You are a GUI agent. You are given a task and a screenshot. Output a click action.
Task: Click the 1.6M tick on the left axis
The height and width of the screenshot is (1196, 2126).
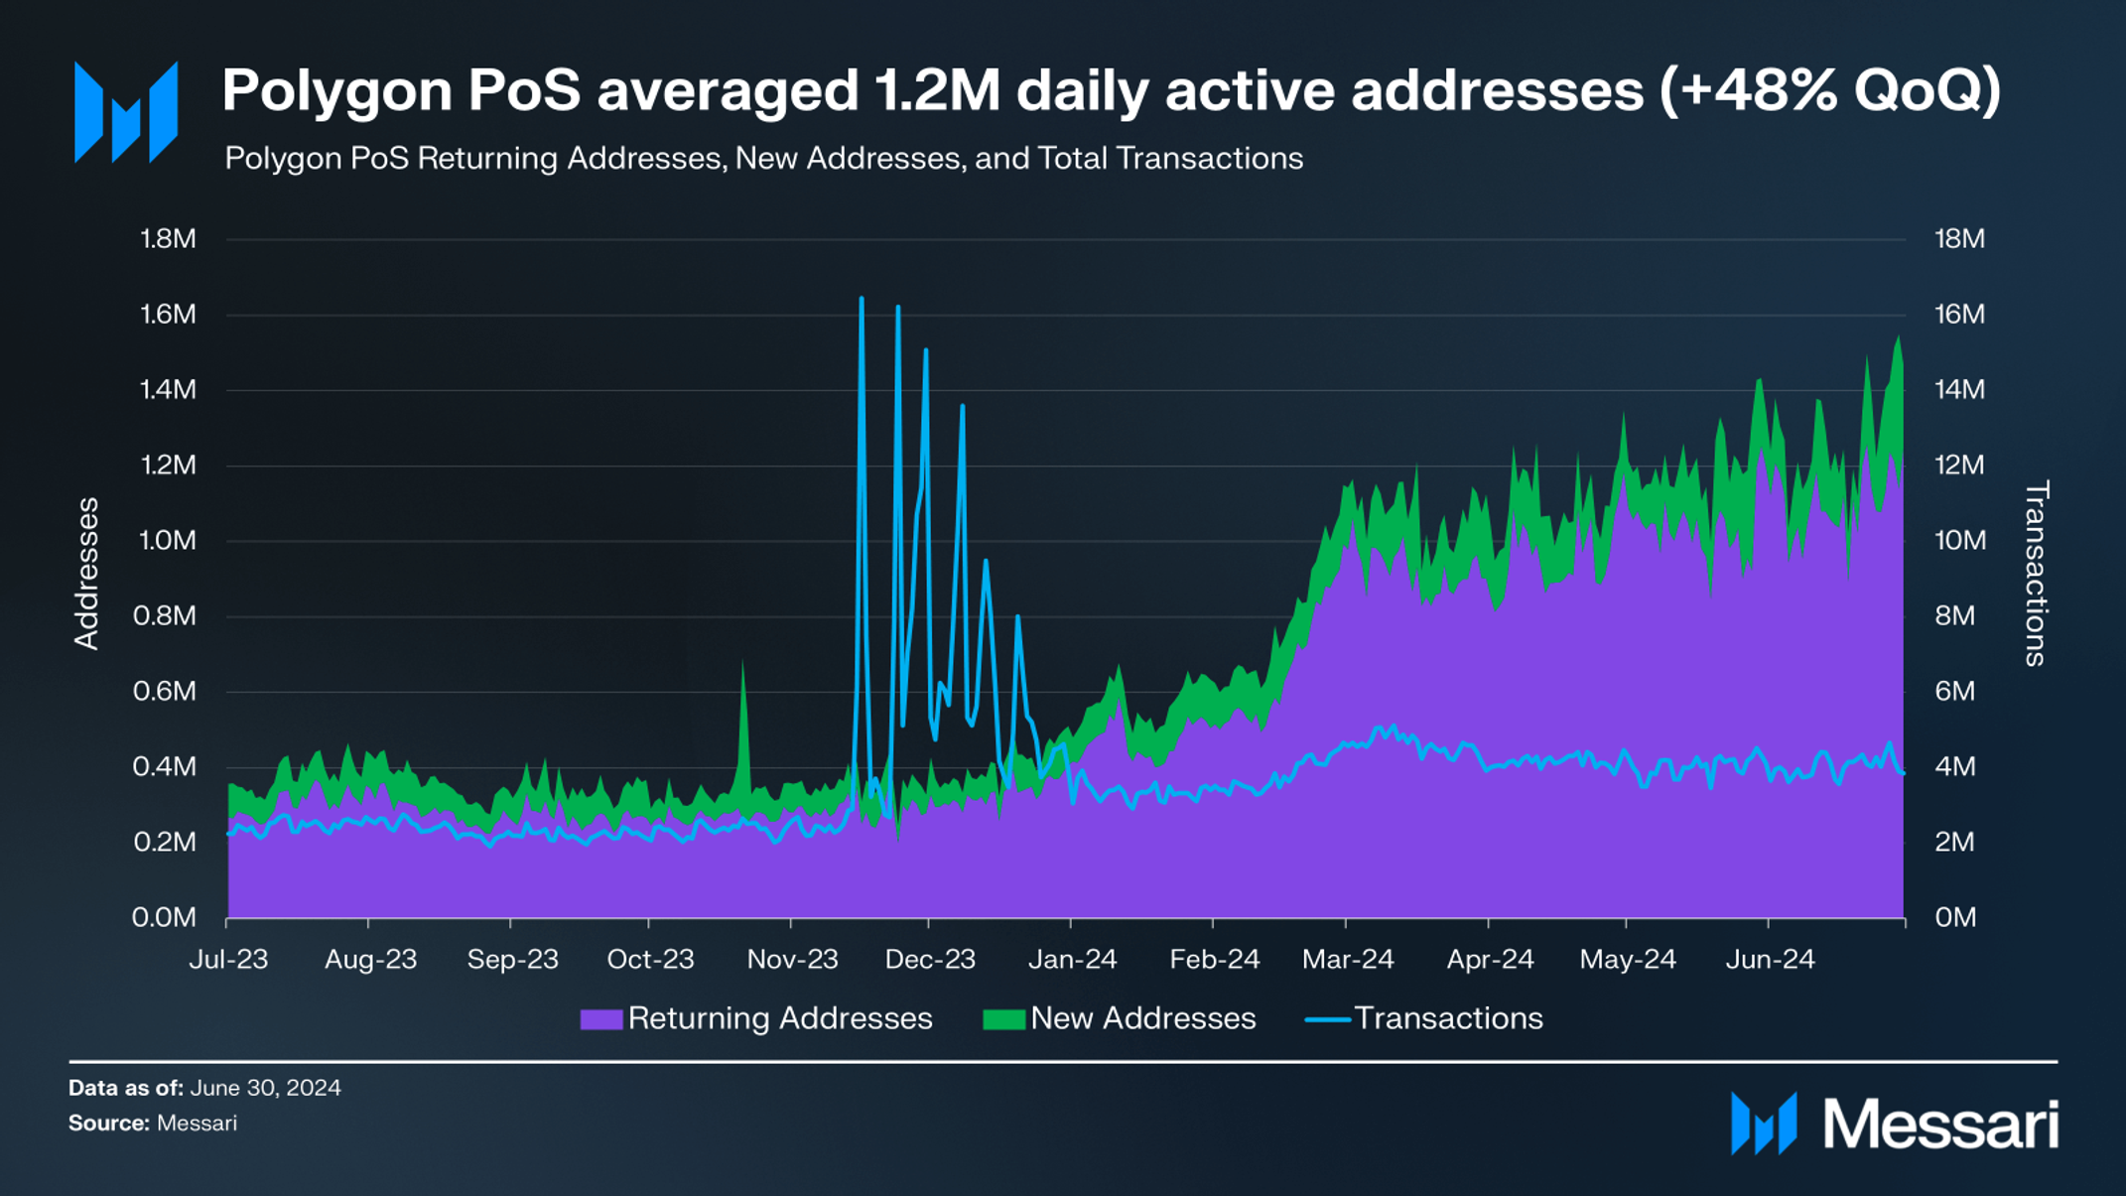[x=168, y=315]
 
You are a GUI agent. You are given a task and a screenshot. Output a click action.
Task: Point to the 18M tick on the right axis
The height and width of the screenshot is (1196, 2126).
[x=1958, y=239]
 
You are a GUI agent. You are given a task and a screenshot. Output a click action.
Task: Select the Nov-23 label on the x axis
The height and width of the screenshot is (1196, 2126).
[x=792, y=959]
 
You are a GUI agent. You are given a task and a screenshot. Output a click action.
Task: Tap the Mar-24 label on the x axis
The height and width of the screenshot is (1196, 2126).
[x=1347, y=959]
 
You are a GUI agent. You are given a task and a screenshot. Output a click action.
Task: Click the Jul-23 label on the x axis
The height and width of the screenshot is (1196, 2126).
[x=228, y=959]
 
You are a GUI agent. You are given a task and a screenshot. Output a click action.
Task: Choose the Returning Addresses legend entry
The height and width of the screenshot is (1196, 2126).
[x=779, y=1018]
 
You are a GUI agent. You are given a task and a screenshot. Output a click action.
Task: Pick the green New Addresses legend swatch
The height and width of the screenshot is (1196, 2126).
[x=1002, y=1019]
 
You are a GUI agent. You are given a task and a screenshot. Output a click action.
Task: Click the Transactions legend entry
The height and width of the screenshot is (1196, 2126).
[x=1447, y=1018]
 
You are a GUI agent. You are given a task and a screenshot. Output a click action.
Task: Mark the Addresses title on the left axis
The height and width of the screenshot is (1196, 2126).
[x=87, y=574]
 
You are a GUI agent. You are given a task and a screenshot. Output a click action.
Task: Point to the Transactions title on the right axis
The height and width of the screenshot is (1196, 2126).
[x=2036, y=574]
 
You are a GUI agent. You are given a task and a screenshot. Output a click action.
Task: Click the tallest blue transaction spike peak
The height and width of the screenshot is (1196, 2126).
[x=861, y=299]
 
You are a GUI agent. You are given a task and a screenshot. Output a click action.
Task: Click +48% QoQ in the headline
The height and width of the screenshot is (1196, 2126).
[x=1829, y=91]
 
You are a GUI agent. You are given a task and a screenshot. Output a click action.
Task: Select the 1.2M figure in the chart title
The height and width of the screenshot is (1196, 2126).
[x=936, y=91]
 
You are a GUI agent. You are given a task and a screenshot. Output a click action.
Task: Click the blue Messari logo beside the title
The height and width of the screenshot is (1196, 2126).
[x=126, y=112]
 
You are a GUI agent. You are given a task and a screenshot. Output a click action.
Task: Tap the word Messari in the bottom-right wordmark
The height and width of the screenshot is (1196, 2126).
[x=1939, y=1126]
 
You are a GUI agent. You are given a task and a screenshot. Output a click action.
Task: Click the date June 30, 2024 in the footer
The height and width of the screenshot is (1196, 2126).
[x=265, y=1088]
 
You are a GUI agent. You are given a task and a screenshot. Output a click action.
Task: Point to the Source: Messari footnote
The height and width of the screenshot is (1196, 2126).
[x=153, y=1124]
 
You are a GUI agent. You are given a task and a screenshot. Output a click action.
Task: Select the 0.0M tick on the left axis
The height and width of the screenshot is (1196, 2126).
[x=164, y=917]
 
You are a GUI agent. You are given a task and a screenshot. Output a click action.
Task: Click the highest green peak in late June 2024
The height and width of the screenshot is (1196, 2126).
[x=1899, y=338]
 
